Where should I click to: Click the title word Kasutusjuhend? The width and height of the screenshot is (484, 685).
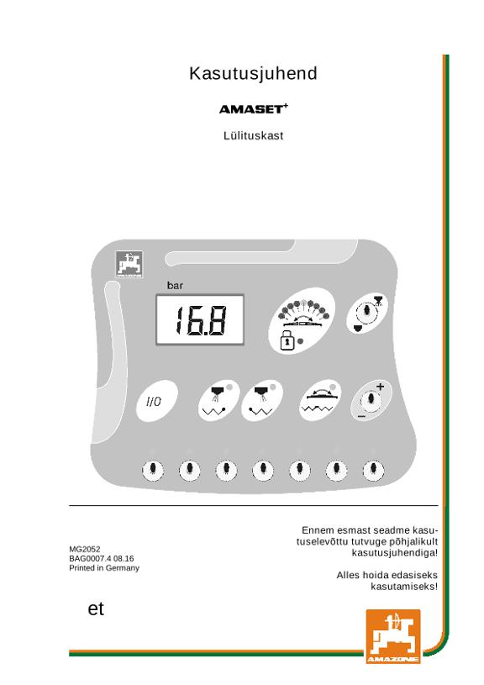coord(253,73)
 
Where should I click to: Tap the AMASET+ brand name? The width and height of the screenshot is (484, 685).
coord(254,108)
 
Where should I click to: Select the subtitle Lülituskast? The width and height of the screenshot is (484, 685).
coord(254,135)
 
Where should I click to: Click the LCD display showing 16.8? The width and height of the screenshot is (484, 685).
coord(200,319)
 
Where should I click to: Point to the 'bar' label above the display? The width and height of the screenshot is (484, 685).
coord(175,286)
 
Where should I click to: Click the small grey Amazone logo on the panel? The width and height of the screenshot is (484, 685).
coord(129,264)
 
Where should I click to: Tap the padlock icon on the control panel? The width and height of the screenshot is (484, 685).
coord(287,340)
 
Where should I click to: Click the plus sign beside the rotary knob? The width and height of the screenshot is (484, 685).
coord(380,387)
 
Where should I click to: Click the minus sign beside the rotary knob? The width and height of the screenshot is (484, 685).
coord(361,417)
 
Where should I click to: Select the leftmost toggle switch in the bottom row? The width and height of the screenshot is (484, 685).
coord(153,470)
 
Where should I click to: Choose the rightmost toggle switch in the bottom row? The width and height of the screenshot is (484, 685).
coord(373,470)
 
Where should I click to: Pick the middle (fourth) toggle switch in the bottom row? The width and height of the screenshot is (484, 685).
coord(263,470)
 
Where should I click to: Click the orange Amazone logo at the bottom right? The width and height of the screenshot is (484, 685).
coord(393,636)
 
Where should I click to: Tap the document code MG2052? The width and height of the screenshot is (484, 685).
coord(85,549)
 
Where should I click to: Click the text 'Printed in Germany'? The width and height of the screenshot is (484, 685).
coord(104,568)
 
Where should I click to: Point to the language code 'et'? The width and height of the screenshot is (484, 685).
coord(96,609)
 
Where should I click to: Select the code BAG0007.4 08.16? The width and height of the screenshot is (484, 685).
coord(102,558)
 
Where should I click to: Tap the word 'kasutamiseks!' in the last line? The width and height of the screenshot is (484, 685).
coord(404,587)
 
